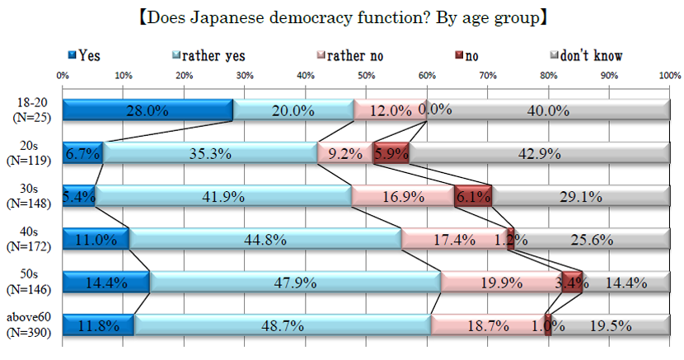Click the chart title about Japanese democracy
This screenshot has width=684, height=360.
pos(341,16)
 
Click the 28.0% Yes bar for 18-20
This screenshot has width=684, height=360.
pos(148,110)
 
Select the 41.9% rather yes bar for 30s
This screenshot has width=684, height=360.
pos(224,196)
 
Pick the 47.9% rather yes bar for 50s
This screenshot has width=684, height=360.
pos(296,282)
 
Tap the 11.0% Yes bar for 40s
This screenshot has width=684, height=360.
pos(96,239)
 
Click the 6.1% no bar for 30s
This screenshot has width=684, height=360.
pos(473,196)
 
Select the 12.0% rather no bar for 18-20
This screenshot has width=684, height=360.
pos(391,110)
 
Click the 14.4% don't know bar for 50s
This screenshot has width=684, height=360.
pos(626,282)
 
